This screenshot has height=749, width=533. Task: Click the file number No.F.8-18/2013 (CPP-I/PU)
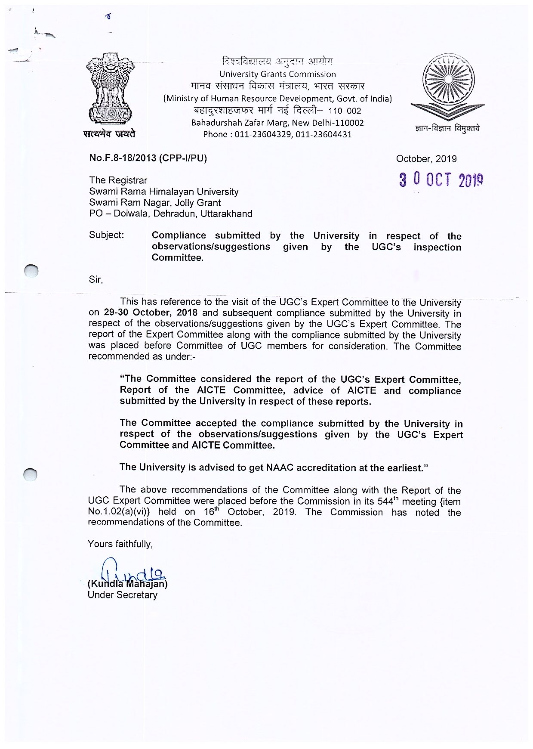click(x=148, y=158)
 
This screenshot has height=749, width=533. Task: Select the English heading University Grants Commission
click(x=277, y=74)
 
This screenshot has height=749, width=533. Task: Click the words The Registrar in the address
click(x=118, y=180)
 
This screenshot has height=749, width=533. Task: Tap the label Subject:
click(x=106, y=235)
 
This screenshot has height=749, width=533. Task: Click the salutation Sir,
click(x=96, y=279)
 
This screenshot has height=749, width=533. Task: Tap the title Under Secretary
click(x=122, y=595)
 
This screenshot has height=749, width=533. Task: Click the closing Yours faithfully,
click(x=120, y=544)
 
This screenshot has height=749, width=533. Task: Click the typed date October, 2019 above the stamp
click(x=426, y=159)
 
